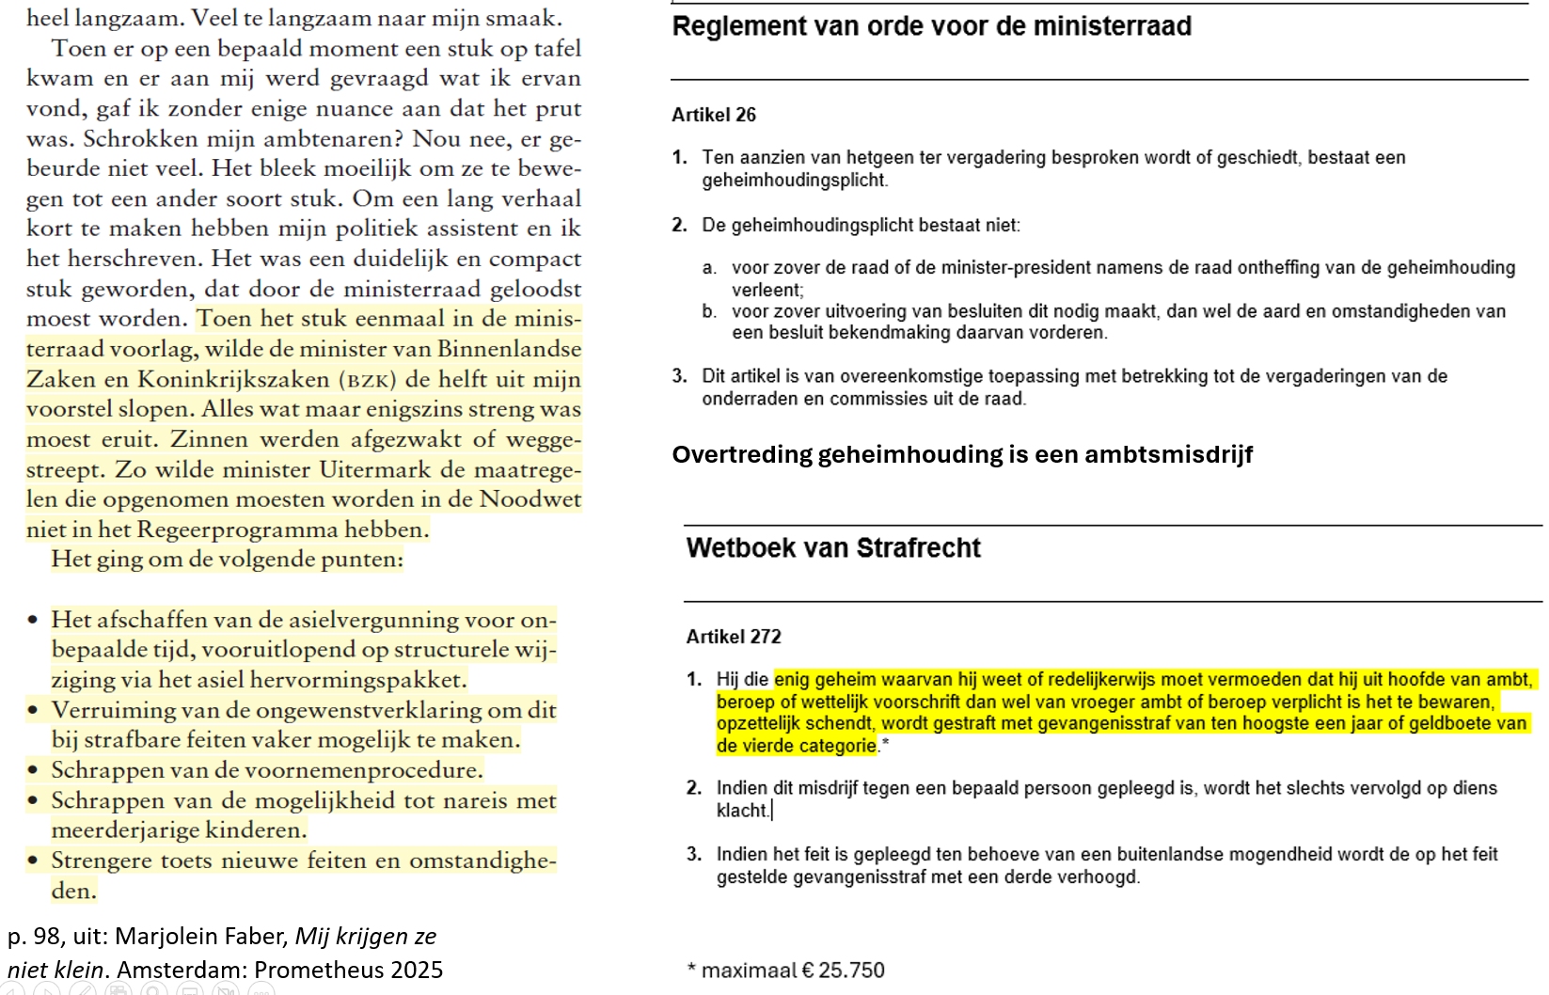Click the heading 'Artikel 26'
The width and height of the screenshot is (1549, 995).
pyautogui.click(x=714, y=115)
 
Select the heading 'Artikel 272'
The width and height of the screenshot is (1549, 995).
pyautogui.click(x=734, y=637)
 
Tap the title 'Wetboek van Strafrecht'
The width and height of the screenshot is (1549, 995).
pyautogui.click(x=833, y=547)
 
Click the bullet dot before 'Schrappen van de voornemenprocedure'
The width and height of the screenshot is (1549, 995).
pyautogui.click(x=34, y=771)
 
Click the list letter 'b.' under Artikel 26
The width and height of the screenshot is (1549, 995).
pyautogui.click(x=709, y=311)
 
